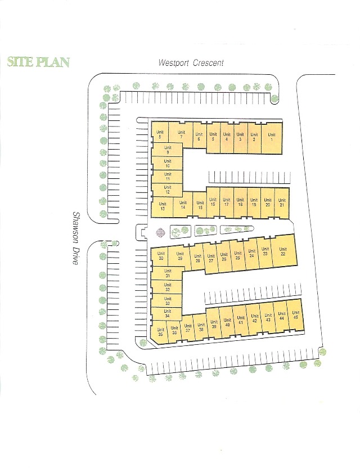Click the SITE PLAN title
[38, 62]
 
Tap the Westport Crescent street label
[191, 63]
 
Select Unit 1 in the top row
[272, 137]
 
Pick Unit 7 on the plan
[181, 135]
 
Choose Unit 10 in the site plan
[167, 164]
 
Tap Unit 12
[167, 190]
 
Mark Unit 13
[163, 206]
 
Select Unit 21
[282, 202]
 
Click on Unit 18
[240, 202]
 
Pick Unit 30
[161, 256]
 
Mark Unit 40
[227, 323]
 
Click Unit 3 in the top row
[240, 137]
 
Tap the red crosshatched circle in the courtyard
[161, 232]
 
